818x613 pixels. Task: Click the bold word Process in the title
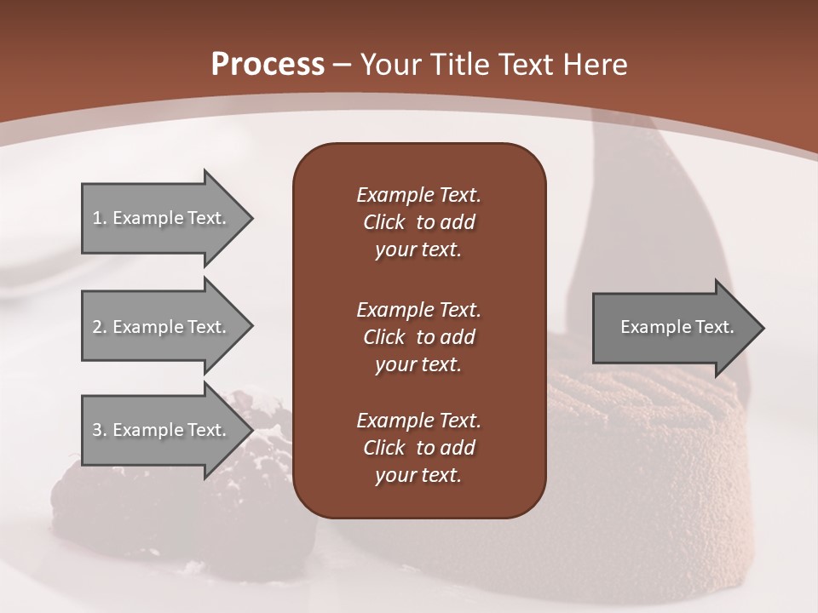coord(268,64)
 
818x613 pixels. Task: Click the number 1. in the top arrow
coord(100,218)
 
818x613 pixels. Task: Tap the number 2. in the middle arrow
coord(100,327)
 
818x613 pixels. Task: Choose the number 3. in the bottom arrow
coord(100,430)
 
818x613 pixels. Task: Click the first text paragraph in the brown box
coord(418,222)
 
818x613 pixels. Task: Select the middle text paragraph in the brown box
coord(418,337)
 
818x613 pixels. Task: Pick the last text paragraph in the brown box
coord(418,448)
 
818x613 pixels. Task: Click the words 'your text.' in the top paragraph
coord(418,250)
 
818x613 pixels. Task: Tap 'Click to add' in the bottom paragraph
coord(418,448)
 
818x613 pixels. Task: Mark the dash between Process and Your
coord(341,65)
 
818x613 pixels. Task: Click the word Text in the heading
coord(527,64)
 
